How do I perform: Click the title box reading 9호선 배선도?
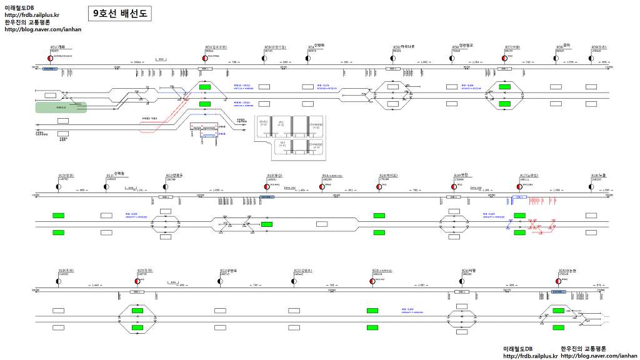click(119, 12)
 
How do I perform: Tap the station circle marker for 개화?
click(49, 58)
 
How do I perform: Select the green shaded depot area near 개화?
click(61, 107)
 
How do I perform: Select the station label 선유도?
click(176, 175)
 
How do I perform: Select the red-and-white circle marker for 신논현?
click(558, 282)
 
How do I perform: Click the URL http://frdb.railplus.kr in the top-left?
click(31, 14)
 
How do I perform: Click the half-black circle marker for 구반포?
click(221, 282)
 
